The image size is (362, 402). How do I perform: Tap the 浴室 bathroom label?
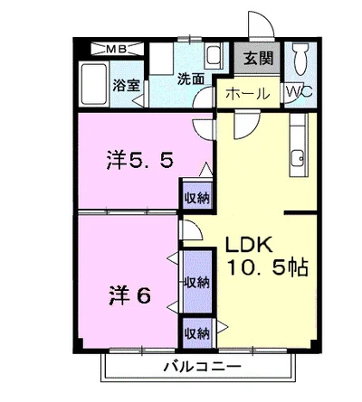click(128, 86)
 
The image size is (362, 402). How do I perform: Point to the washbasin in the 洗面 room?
click(213, 57)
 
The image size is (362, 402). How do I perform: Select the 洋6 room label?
click(130, 294)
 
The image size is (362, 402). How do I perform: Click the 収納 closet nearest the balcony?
click(195, 332)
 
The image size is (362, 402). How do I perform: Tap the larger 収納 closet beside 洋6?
click(195, 281)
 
